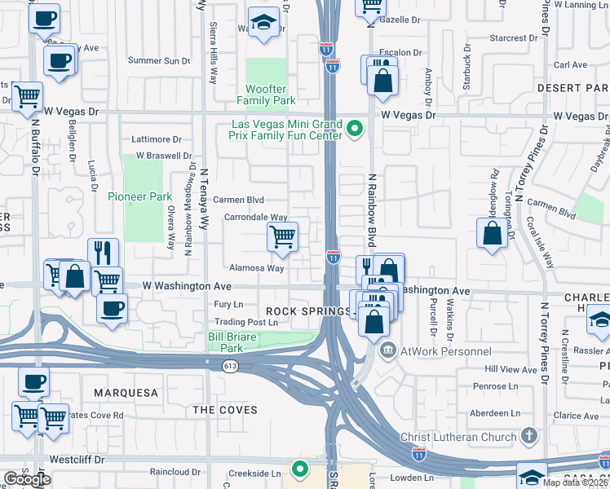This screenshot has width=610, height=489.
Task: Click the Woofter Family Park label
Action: click(x=266, y=95)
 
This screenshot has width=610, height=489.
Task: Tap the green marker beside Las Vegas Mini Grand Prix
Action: click(x=355, y=129)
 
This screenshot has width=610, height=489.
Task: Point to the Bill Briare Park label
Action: click(x=237, y=341)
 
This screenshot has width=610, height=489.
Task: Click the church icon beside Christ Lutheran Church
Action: click(x=528, y=436)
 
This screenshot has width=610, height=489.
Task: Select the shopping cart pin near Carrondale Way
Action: click(x=282, y=237)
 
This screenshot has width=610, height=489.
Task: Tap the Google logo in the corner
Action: click(x=27, y=479)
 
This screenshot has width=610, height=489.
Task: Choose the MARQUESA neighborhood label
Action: click(x=126, y=393)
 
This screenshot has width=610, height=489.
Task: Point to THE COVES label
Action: click(x=224, y=410)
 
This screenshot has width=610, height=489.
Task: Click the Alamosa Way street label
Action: click(x=256, y=267)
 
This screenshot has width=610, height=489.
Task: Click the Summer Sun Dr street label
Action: click(x=158, y=60)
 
